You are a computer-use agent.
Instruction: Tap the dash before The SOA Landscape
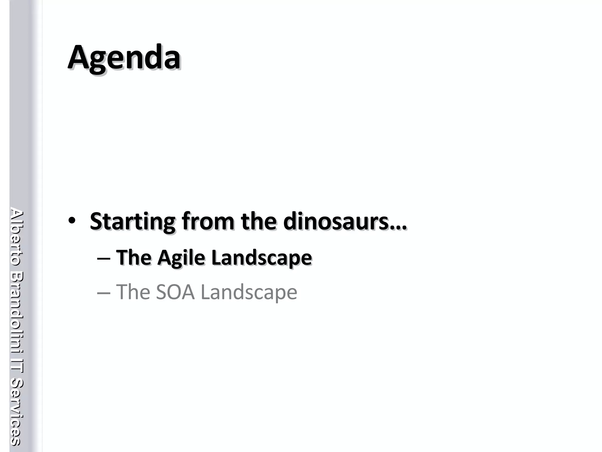103,293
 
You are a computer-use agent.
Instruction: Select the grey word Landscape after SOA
249,293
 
